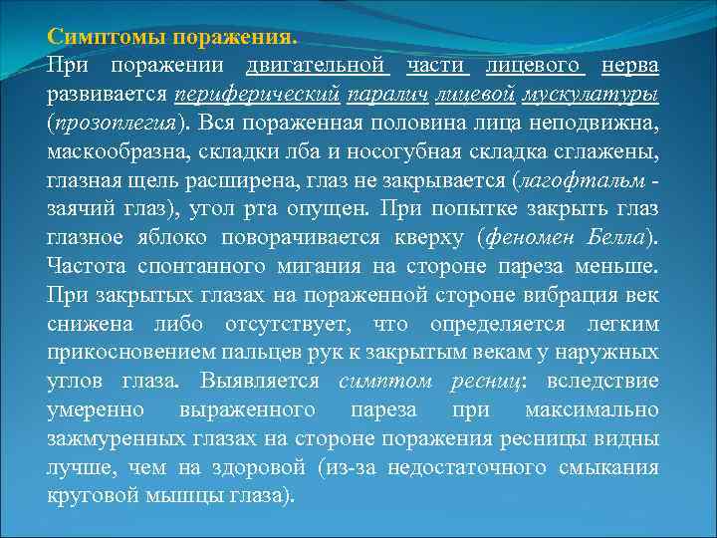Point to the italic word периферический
point(254,96)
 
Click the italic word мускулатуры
point(602,96)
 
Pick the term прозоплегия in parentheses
point(116,125)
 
